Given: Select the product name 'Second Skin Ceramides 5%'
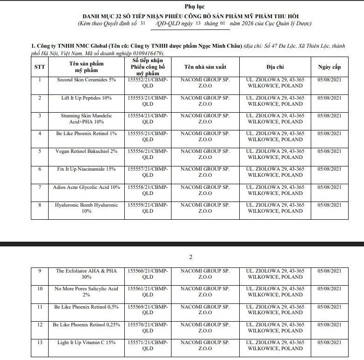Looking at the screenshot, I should [x=86, y=80].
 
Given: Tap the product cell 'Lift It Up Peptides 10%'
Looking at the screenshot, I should [x=86, y=98].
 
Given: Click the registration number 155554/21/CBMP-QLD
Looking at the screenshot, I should [x=148, y=119].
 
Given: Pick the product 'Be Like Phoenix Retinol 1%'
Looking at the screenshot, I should [x=86, y=134].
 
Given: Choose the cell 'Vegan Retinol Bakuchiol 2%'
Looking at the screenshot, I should [x=86, y=151].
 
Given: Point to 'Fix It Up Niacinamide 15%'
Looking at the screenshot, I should [x=86, y=169].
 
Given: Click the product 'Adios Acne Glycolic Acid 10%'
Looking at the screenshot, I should [x=86, y=187].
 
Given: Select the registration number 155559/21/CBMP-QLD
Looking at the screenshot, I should [x=148, y=208].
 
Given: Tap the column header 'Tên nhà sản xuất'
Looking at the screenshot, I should [x=205, y=67].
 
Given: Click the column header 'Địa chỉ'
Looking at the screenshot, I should [x=275, y=67].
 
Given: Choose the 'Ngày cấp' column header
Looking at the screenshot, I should [x=329, y=67].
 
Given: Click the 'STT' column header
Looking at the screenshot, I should [x=40, y=67].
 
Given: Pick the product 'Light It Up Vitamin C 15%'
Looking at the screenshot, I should [x=86, y=342].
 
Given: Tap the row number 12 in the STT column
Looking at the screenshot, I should [x=40, y=324].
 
